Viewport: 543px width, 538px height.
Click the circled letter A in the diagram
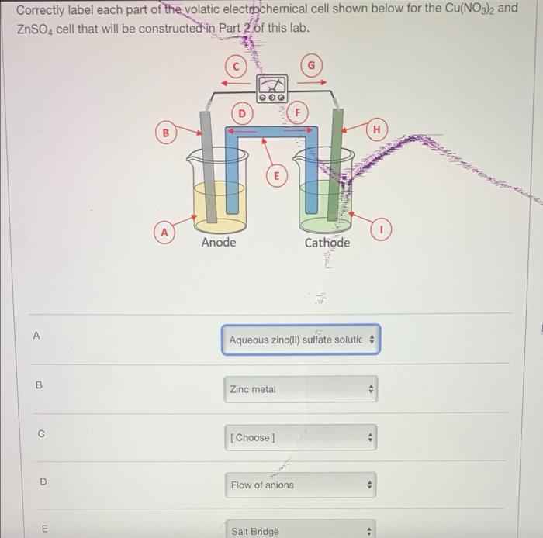tap(164, 231)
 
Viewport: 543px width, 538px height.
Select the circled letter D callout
tap(241, 115)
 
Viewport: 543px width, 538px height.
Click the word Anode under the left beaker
tap(218, 243)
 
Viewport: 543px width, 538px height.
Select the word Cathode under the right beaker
tap(327, 243)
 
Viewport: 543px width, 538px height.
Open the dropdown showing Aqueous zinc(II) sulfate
tap(301, 340)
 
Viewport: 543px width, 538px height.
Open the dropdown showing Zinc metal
tap(301, 389)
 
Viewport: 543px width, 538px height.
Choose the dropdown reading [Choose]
tap(301, 437)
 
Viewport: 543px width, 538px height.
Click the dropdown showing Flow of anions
tap(301, 485)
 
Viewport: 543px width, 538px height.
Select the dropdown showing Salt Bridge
tap(301, 530)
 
